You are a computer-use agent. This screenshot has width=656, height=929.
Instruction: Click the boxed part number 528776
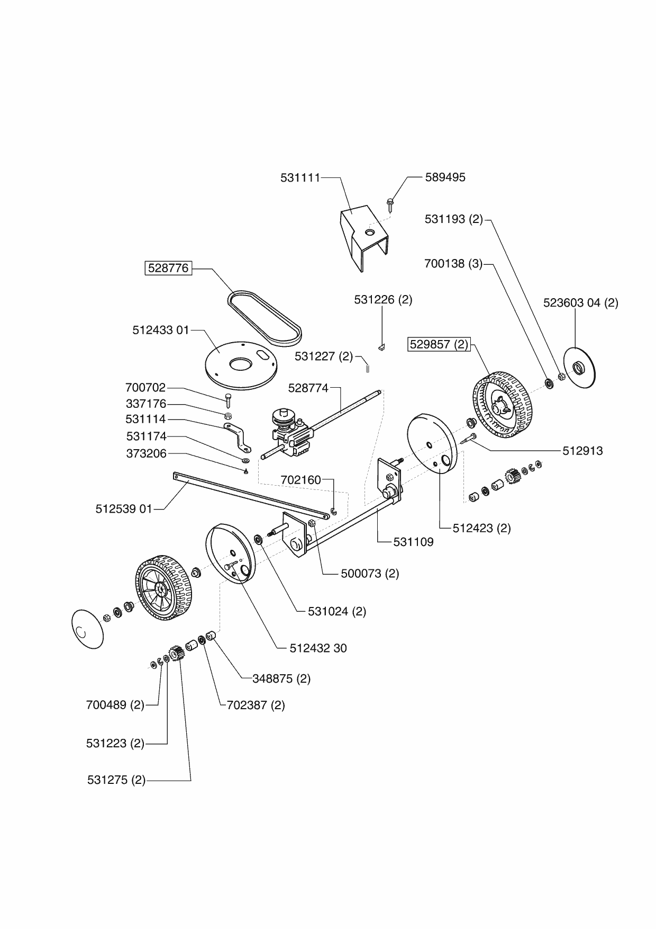[x=168, y=268]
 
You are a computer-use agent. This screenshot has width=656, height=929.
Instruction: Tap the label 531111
[x=300, y=178]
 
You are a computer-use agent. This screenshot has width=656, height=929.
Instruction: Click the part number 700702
[x=145, y=387]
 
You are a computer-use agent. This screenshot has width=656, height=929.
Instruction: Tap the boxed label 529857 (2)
[x=439, y=344]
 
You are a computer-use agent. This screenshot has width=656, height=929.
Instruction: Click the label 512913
[x=582, y=451]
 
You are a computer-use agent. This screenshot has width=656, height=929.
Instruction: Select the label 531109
[x=413, y=542]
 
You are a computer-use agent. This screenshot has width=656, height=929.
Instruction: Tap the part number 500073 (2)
[x=370, y=574]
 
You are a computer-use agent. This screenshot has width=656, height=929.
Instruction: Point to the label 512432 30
[x=318, y=648]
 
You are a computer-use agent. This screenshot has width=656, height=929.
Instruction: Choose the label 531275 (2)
[x=116, y=780]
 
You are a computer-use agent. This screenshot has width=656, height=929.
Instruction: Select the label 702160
[x=301, y=480]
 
